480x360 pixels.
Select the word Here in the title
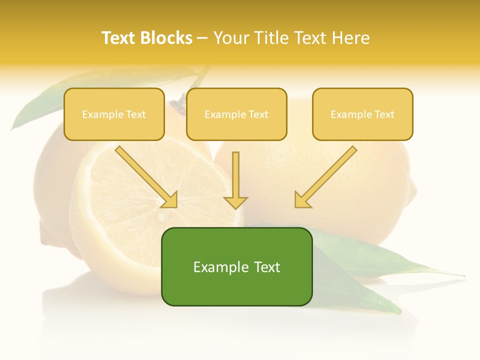[352, 38]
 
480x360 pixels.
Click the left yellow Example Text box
[114, 114]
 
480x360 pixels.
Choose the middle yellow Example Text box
[236, 114]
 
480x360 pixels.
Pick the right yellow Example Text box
[362, 114]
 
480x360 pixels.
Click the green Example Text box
[236, 266]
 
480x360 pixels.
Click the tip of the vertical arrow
[235, 207]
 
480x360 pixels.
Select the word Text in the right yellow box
[384, 114]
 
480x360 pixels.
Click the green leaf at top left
[40, 102]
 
